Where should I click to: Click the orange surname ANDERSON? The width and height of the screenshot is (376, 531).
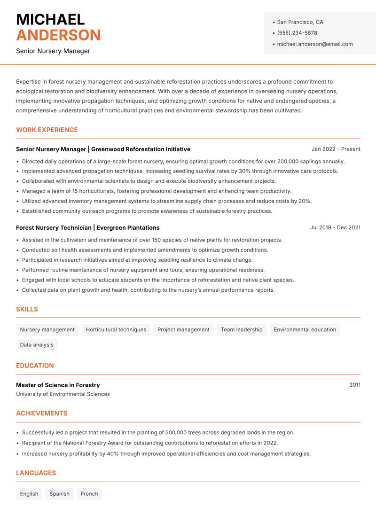pyautogui.click(x=58, y=35)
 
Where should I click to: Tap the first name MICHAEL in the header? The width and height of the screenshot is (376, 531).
pyautogui.click(x=50, y=19)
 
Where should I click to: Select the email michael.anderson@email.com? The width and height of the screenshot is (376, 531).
pyautogui.click(x=314, y=44)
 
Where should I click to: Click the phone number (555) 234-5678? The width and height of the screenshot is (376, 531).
pyautogui.click(x=297, y=33)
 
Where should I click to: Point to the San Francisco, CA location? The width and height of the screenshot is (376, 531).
pyautogui.click(x=300, y=22)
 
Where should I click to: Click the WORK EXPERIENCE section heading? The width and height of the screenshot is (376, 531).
pyautogui.click(x=47, y=130)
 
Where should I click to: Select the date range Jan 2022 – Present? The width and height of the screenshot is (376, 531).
pyautogui.click(x=336, y=149)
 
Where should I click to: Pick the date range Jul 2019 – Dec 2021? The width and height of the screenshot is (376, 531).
pyautogui.click(x=335, y=227)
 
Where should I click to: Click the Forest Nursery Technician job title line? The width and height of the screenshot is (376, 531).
pyautogui.click(x=87, y=227)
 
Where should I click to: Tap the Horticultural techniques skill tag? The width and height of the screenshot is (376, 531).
pyautogui.click(x=116, y=329)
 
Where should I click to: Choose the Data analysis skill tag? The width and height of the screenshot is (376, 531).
pyautogui.click(x=37, y=344)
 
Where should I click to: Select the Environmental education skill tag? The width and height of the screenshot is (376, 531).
pyautogui.click(x=305, y=329)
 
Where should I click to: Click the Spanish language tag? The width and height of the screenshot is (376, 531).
pyautogui.click(x=59, y=493)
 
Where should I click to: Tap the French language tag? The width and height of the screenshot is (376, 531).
pyautogui.click(x=89, y=493)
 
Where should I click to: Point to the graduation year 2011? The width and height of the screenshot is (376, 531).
pyautogui.click(x=355, y=385)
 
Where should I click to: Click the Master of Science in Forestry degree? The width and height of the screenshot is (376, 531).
pyautogui.click(x=58, y=385)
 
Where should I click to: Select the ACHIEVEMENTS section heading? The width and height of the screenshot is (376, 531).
pyautogui.click(x=42, y=413)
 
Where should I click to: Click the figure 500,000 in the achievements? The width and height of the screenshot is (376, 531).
pyautogui.click(x=179, y=432)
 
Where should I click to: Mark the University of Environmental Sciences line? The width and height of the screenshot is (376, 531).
pyautogui.click(x=63, y=394)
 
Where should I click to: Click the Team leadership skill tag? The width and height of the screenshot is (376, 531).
pyautogui.click(x=242, y=329)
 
